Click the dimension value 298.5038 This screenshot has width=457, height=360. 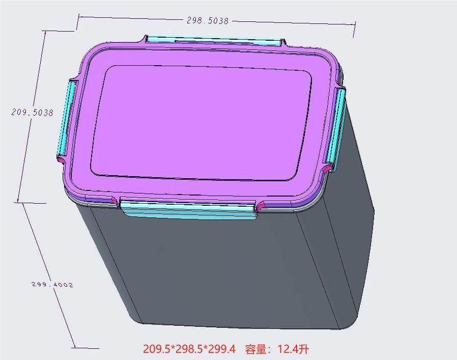[208, 20]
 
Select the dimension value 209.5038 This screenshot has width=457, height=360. [33, 113]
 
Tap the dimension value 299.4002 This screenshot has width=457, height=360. [52, 285]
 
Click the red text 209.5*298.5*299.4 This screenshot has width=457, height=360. [189, 349]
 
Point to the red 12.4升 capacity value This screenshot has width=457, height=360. [293, 349]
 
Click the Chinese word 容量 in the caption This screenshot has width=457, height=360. [255, 349]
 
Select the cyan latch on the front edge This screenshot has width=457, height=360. [189, 209]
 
